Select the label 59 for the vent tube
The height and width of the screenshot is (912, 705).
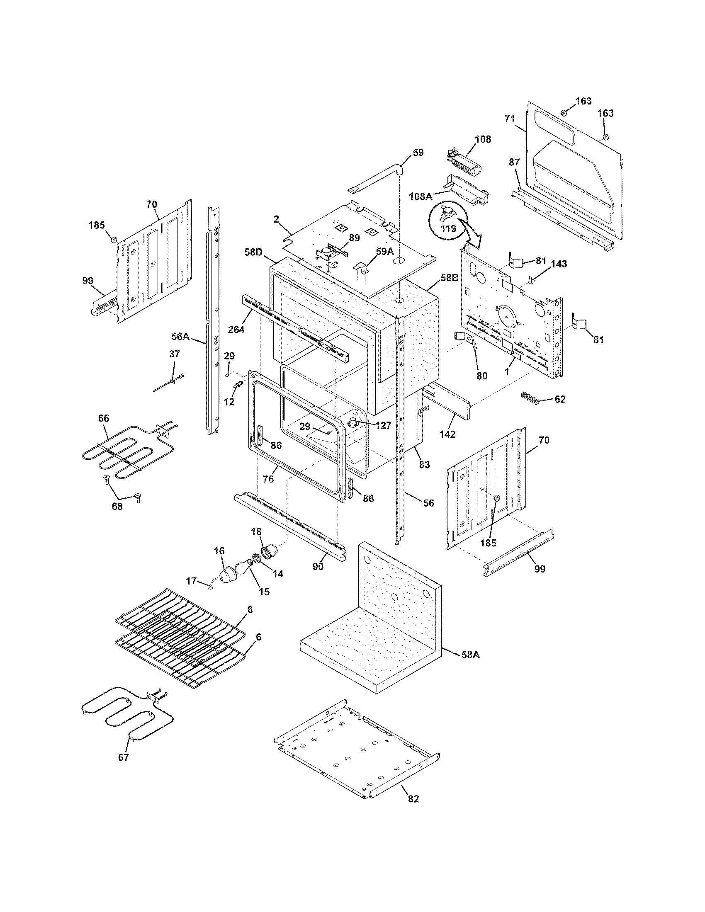pyautogui.click(x=418, y=153)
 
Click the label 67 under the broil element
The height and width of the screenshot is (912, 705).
pyautogui.click(x=123, y=757)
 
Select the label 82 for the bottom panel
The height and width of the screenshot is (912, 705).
pyautogui.click(x=413, y=799)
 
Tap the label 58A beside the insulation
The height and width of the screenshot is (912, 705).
pyautogui.click(x=470, y=655)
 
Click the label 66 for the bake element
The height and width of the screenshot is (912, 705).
pyautogui.click(x=103, y=418)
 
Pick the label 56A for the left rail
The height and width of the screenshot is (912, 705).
pyautogui.click(x=180, y=336)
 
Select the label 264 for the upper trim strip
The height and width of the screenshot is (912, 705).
pyautogui.click(x=236, y=329)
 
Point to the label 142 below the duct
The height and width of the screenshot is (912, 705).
pyautogui.click(x=447, y=434)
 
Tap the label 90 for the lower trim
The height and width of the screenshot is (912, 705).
pyautogui.click(x=318, y=567)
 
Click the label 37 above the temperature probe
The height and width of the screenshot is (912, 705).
pyautogui.click(x=175, y=354)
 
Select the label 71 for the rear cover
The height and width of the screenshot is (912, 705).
pyautogui.click(x=509, y=119)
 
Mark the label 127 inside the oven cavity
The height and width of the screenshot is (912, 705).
pyautogui.click(x=383, y=425)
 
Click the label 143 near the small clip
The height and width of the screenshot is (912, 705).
pyautogui.click(x=559, y=264)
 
